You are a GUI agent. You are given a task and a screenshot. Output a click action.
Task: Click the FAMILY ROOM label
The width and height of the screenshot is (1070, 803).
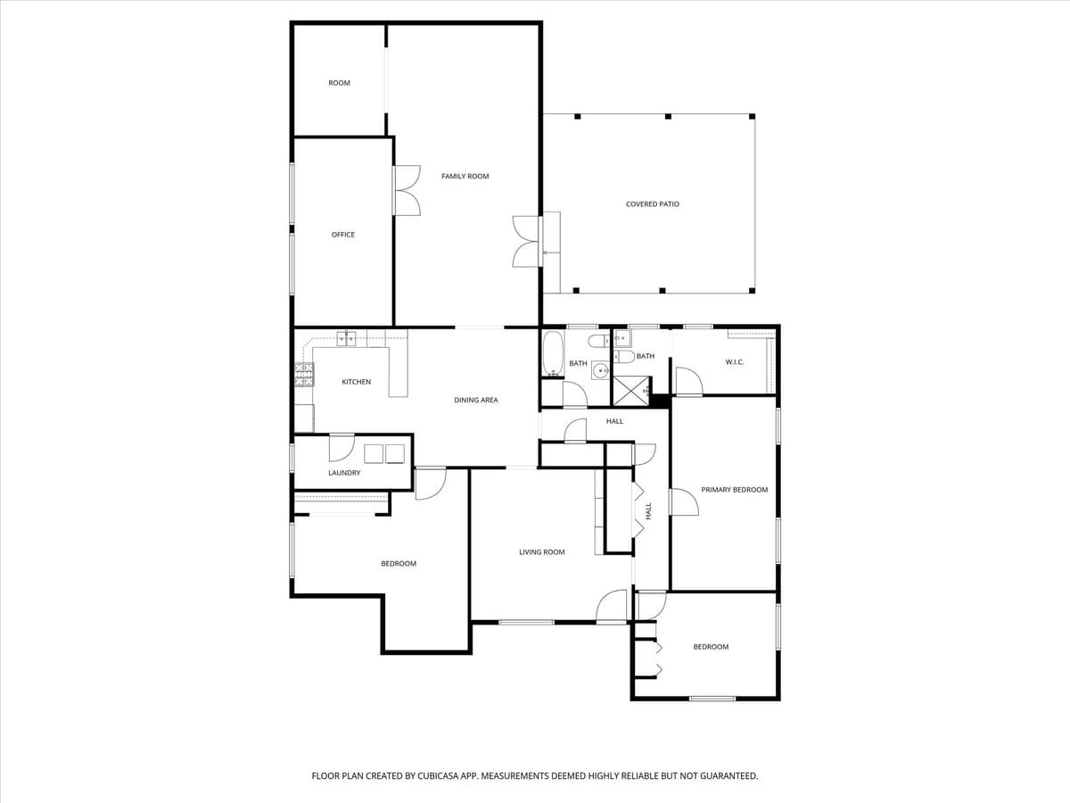click(x=465, y=177)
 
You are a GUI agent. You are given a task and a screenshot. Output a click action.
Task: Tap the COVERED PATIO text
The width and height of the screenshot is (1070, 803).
click(x=652, y=204)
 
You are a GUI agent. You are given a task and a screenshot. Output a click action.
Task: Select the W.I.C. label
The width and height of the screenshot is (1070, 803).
click(x=734, y=361)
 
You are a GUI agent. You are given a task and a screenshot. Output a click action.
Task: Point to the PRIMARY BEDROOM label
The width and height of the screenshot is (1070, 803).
click(x=734, y=490)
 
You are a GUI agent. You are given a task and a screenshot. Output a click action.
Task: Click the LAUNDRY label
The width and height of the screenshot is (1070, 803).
click(x=344, y=473)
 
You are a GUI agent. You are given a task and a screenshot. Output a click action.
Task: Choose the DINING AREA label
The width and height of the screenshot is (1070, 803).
click(x=475, y=401)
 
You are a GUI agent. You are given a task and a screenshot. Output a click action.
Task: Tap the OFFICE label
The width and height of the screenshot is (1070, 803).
click(x=343, y=235)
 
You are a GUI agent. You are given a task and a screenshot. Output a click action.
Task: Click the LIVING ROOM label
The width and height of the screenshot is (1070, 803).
click(x=542, y=552)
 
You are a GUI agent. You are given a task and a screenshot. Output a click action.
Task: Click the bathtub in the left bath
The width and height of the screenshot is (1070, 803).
click(x=553, y=353)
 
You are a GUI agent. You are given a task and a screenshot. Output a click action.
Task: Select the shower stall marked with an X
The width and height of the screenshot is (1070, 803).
click(x=630, y=390)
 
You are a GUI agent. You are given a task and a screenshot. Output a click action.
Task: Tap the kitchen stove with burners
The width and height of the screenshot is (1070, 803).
click(x=304, y=375)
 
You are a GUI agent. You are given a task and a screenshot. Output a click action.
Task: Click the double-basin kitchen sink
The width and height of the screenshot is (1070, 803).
click(x=346, y=337)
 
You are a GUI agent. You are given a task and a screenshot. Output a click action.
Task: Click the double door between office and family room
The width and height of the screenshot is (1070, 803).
click(x=407, y=190)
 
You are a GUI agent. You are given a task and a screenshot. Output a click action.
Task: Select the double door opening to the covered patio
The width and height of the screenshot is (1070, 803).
click(x=527, y=241)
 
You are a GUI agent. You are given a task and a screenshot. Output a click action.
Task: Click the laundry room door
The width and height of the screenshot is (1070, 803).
click(x=342, y=445)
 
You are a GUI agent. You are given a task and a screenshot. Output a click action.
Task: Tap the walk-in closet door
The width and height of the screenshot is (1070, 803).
click(x=688, y=382)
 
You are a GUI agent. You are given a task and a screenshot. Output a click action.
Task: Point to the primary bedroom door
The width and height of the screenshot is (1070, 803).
click(x=684, y=501)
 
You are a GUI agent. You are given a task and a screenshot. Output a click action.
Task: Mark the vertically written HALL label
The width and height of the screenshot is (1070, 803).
click(x=648, y=511)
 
